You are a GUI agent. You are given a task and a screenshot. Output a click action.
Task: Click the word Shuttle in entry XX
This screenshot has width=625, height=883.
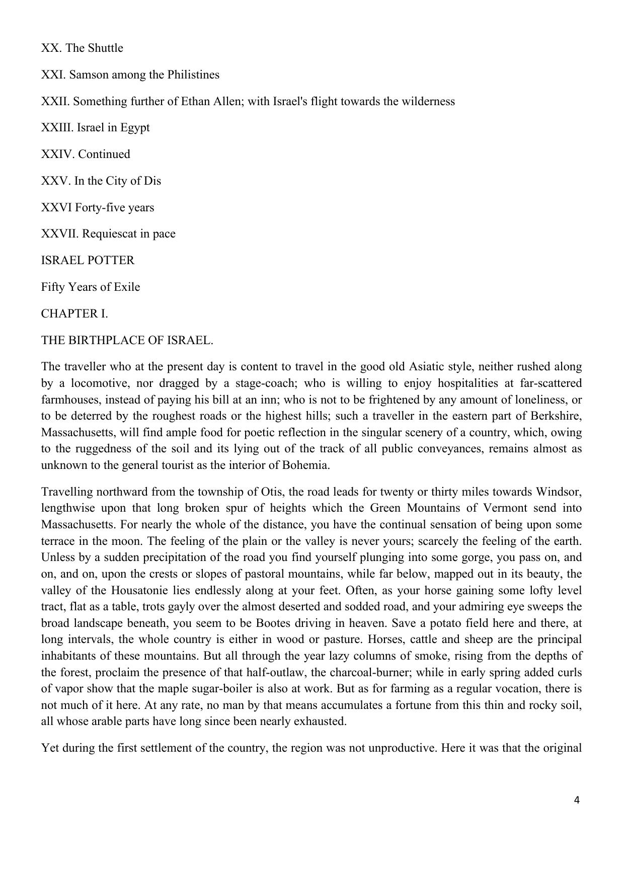click(105, 48)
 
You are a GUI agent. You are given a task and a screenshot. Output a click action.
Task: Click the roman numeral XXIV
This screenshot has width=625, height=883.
click(58, 154)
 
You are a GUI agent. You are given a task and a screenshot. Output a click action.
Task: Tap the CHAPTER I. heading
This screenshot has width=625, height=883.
click(74, 313)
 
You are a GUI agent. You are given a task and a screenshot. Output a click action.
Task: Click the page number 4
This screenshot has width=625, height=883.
click(577, 800)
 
